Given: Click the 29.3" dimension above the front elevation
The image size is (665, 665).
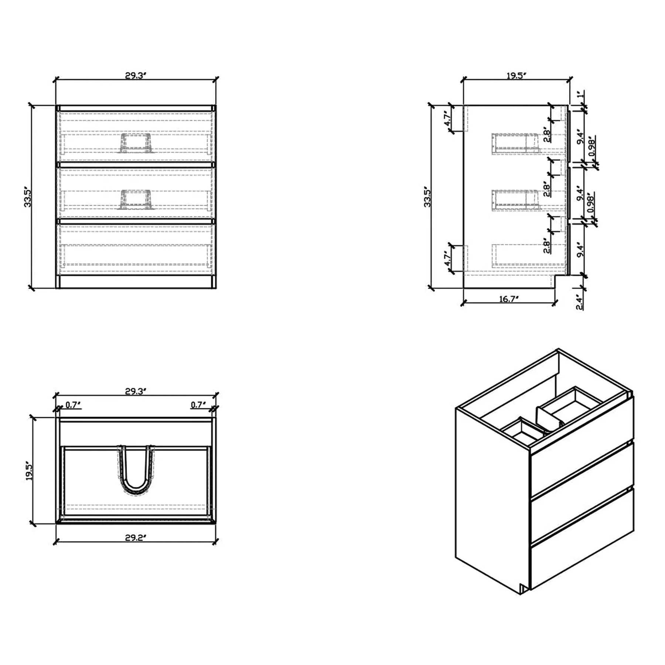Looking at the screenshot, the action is [x=136, y=76].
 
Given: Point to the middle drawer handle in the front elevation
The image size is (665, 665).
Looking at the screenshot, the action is [x=136, y=199].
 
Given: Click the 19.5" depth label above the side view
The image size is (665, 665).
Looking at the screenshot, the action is [x=516, y=76].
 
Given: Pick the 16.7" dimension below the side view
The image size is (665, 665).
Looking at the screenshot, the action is [x=509, y=299].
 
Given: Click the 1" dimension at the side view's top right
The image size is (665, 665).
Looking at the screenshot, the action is [x=581, y=94].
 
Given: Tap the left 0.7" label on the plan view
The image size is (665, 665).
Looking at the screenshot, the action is [x=73, y=405].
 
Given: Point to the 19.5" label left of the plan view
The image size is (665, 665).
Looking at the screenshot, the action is [x=30, y=470].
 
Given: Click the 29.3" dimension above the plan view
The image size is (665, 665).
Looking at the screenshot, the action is [x=136, y=391].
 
